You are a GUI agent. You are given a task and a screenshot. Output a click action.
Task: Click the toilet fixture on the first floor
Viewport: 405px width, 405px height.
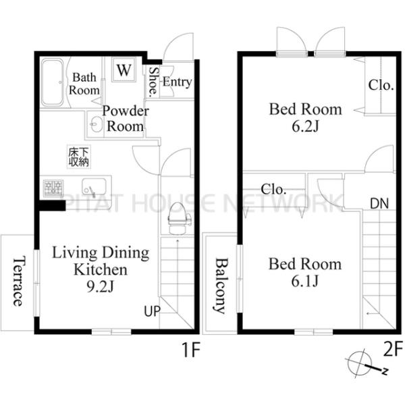click(179, 218)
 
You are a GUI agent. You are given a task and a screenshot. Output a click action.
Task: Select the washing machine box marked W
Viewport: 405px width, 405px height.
click(124, 70)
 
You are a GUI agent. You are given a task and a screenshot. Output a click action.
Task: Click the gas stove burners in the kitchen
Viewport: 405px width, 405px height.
click(53, 188)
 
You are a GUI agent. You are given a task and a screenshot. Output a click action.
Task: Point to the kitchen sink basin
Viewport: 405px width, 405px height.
click(94, 186)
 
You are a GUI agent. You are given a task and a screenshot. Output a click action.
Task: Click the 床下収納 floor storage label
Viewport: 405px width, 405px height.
click(79, 157)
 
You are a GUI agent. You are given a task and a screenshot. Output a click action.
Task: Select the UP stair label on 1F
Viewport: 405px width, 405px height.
click(152, 311)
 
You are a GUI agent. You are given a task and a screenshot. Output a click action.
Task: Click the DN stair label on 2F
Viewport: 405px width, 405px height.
click(379, 204)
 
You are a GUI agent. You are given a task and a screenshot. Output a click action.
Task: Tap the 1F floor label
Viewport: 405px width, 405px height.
click(192, 350)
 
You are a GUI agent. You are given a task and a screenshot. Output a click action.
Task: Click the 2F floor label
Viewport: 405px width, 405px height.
click(393, 348)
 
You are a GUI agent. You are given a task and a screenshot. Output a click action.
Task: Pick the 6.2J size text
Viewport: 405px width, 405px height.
click(305, 126)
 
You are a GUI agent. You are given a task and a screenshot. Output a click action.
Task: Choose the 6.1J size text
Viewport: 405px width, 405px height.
click(305, 281)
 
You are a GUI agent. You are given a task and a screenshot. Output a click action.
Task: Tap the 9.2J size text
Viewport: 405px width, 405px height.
click(100, 286)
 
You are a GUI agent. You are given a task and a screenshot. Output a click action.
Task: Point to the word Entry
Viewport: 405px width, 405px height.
click(177, 82)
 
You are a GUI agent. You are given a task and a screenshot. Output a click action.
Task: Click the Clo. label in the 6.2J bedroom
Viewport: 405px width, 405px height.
click(381, 85)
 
